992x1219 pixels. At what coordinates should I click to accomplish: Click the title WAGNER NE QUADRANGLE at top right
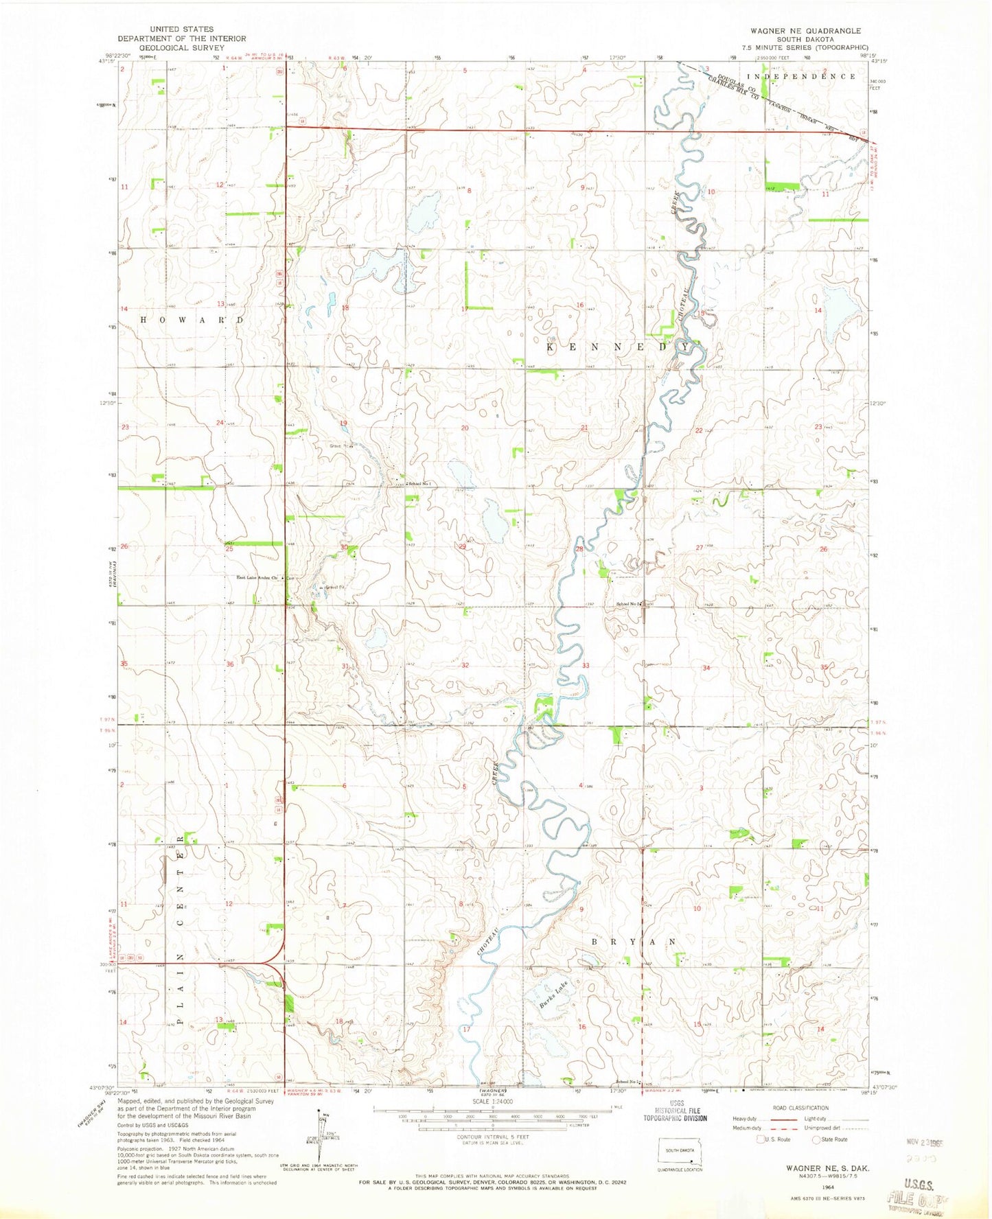pos(805,31)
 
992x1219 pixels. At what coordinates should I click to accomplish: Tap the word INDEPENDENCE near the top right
pos(800,76)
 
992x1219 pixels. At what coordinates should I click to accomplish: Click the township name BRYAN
pos(633,942)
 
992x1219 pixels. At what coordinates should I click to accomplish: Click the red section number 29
pos(463,546)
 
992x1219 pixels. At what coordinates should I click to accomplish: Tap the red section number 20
pos(465,428)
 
